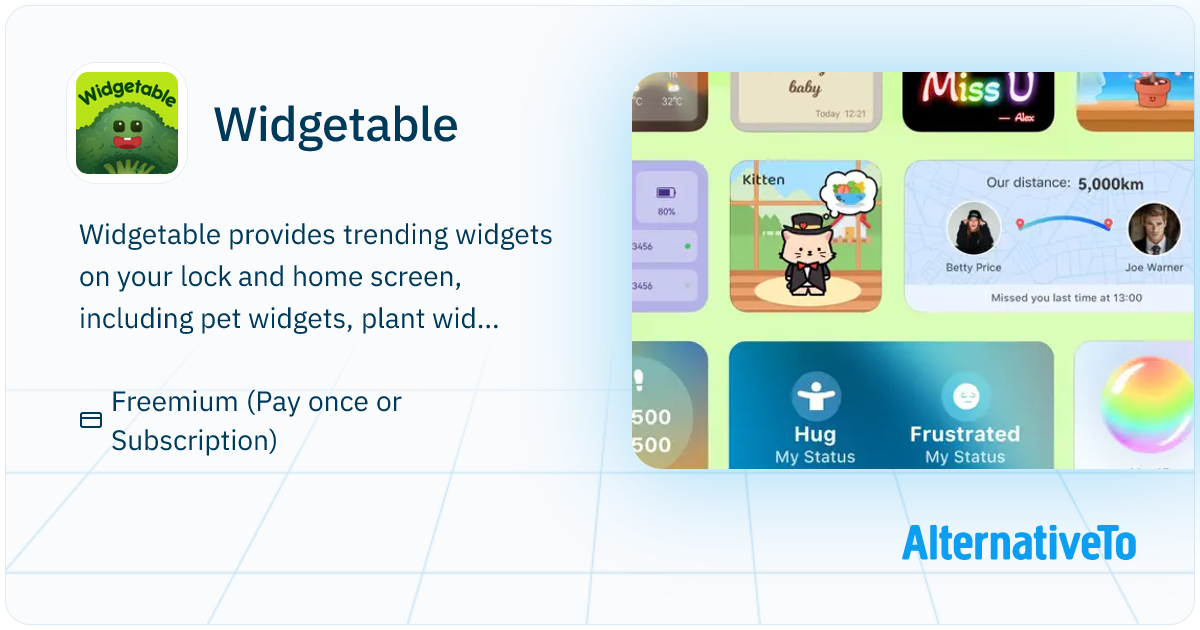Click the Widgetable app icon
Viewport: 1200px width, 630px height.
pos(127,123)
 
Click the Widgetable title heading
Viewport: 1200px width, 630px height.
pos(336,124)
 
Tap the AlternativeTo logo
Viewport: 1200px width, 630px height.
pos(1018,543)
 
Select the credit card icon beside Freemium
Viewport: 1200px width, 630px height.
pos(91,420)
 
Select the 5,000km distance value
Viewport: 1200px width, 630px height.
pos(1110,184)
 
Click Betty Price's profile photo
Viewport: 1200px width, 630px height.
pos(973,229)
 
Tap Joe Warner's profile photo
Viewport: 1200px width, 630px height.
pos(1154,229)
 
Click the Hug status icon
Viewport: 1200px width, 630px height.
pos(815,395)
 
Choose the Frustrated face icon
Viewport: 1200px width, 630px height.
pos(964,395)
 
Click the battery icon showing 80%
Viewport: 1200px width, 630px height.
pos(666,192)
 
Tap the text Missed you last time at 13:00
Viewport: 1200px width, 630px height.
pos(1066,298)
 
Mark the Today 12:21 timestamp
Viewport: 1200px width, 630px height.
pos(841,114)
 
